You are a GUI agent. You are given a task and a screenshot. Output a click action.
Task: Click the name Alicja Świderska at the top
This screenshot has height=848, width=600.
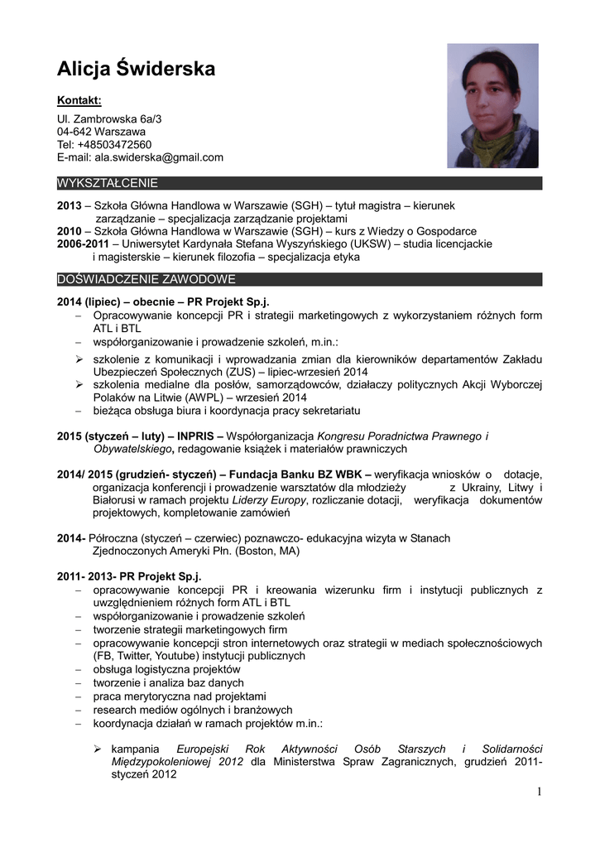pos(136,69)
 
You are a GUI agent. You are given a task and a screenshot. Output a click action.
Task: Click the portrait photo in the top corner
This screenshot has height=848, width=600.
pos(492,105)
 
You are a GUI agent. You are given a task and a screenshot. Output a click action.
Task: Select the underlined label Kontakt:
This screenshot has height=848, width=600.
pos(79,101)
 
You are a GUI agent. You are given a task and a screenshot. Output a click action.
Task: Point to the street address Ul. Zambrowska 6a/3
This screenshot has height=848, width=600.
pos(109,119)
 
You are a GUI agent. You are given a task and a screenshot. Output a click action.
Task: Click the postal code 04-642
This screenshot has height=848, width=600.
pos(74,132)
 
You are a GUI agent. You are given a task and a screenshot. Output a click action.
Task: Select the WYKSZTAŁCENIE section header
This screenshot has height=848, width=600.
pos(108,183)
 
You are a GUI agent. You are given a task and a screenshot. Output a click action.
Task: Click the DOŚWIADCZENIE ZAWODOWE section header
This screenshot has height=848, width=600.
pos(146,279)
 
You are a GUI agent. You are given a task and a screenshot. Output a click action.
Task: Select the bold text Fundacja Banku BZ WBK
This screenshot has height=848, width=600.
pos(295,475)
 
